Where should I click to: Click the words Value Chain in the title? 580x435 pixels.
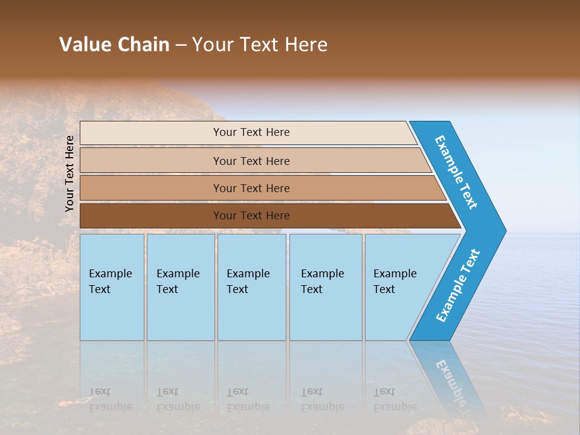tap(114, 45)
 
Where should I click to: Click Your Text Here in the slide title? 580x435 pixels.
tap(260, 45)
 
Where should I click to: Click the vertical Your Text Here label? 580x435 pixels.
tap(70, 173)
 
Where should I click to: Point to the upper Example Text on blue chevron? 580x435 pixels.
tap(456, 172)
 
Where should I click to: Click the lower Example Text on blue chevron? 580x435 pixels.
tap(458, 286)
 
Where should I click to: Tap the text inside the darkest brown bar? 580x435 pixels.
tap(251, 216)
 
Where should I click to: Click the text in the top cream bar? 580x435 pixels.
tap(251, 132)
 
